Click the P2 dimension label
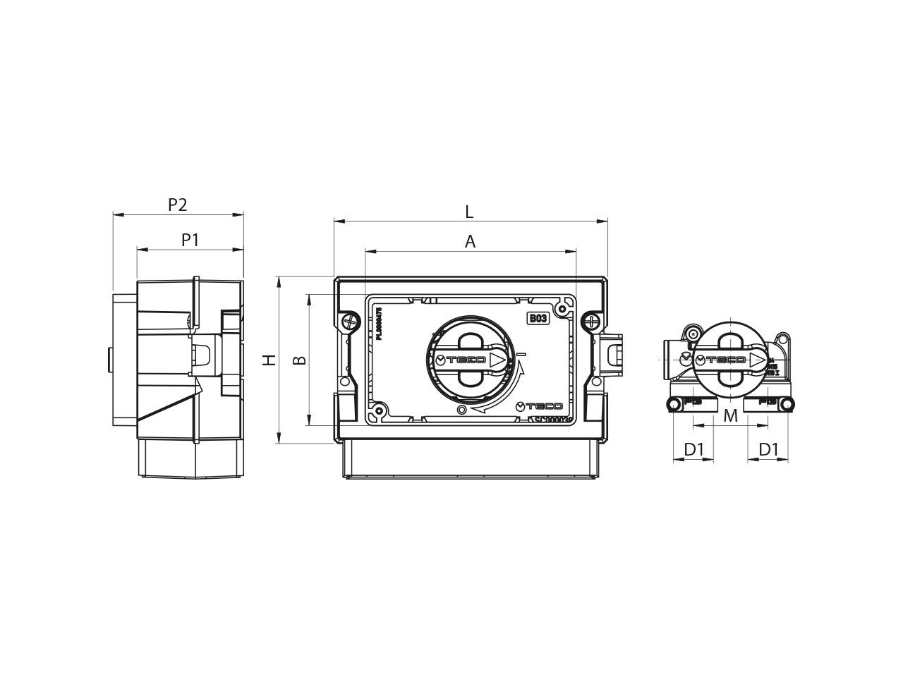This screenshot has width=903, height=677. pyautogui.click(x=178, y=205)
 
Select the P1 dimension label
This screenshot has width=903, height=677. pyautogui.click(x=190, y=240)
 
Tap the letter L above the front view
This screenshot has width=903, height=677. pyautogui.click(x=469, y=212)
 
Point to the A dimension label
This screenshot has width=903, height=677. pyautogui.click(x=471, y=242)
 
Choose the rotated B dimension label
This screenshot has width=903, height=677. pyautogui.click(x=300, y=360)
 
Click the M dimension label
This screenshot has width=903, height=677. pyautogui.click(x=731, y=416)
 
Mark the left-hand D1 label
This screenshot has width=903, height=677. pyautogui.click(x=695, y=449)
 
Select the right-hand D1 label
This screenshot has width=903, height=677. pyautogui.click(x=768, y=449)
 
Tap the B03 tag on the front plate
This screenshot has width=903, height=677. pyautogui.click(x=538, y=319)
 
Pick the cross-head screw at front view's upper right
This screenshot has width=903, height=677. pyautogui.click(x=590, y=322)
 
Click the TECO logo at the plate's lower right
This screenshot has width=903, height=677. pyautogui.click(x=540, y=406)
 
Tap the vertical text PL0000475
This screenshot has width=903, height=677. pyautogui.click(x=380, y=324)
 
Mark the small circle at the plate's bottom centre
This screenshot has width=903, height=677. pyautogui.click(x=461, y=410)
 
